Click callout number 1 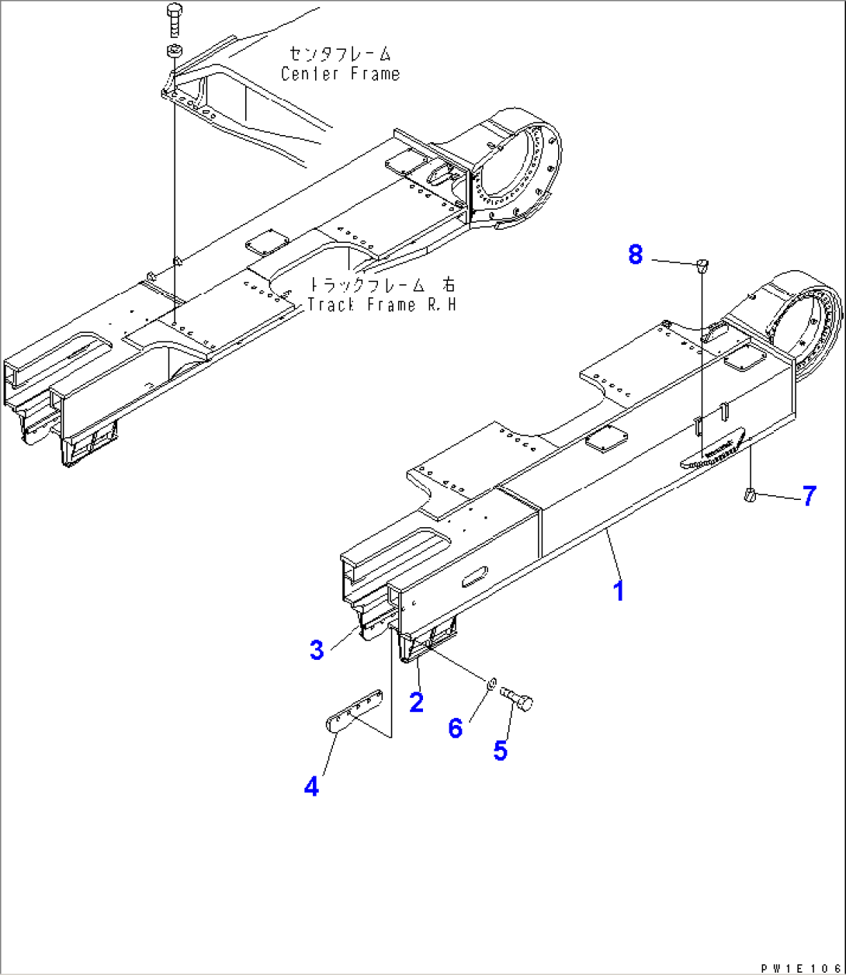618,591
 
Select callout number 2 417,702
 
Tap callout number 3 317,650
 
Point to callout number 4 311,786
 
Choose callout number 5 501,750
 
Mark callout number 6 456,728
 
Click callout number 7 809,495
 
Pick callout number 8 636,254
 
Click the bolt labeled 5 518,698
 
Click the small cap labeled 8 702,266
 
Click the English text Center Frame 341,75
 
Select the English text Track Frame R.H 381,304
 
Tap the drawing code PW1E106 799,968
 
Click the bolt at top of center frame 173,19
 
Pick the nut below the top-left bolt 173,52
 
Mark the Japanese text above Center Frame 340,54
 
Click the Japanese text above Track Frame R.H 383,284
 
